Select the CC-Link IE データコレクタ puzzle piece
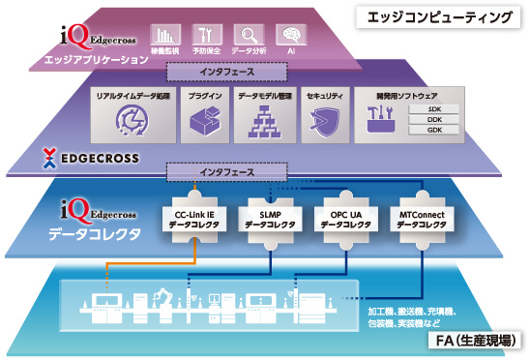(x=193, y=218)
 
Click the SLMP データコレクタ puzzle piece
(x=268, y=218)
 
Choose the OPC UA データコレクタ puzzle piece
(x=343, y=218)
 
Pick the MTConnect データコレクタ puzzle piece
(x=422, y=218)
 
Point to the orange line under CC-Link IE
(x=194, y=254)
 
